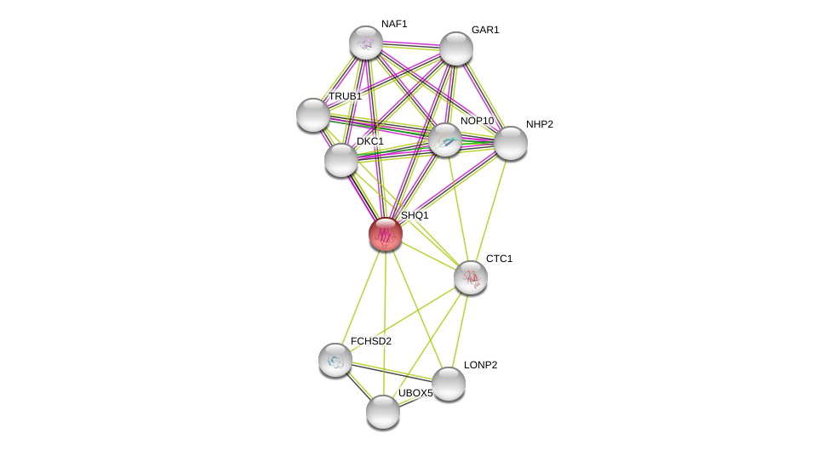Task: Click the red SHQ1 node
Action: (386, 234)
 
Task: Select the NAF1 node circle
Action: (366, 43)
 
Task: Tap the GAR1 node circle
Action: (456, 48)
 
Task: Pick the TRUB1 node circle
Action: (313, 115)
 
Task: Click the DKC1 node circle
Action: (341, 160)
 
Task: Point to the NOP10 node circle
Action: (445, 140)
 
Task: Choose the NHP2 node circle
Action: (511, 143)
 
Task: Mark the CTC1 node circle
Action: (471, 277)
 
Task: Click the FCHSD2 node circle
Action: (335, 360)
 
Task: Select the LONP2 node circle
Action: (449, 384)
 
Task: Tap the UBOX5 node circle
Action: (383, 412)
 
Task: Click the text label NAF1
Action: (394, 24)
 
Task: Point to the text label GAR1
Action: (485, 30)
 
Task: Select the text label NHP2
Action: (539, 124)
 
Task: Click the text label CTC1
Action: (499, 259)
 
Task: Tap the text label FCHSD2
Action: (371, 341)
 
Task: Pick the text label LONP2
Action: (480, 365)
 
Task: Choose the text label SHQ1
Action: (415, 215)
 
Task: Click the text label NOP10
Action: (477, 121)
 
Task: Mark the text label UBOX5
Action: (415, 393)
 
